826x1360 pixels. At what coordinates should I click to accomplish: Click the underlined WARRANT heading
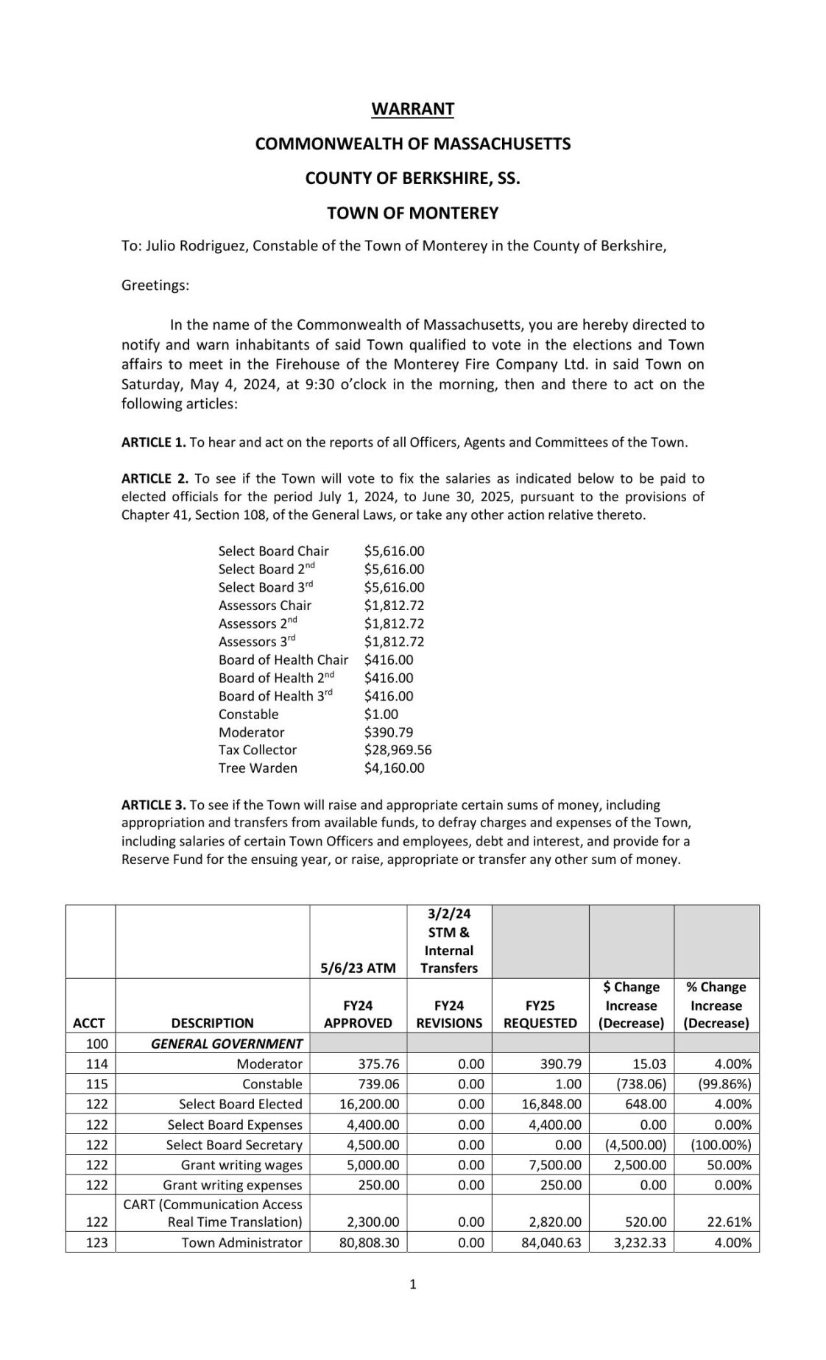point(412,109)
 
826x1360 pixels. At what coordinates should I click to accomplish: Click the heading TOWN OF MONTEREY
point(412,213)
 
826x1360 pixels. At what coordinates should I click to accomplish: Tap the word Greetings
point(155,286)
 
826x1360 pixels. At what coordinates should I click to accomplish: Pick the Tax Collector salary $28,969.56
point(398,750)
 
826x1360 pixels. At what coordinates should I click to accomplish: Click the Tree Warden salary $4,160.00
point(394,768)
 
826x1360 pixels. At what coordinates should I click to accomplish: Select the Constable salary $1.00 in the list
point(381,714)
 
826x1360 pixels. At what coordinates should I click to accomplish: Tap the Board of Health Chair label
point(283,659)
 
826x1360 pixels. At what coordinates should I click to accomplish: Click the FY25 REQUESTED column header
point(540,1013)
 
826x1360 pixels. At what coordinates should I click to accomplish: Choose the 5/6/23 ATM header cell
point(358,968)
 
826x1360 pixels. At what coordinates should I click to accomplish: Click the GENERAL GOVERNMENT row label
point(227,1044)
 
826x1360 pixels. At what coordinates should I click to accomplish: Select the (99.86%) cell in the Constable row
point(724,1084)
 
